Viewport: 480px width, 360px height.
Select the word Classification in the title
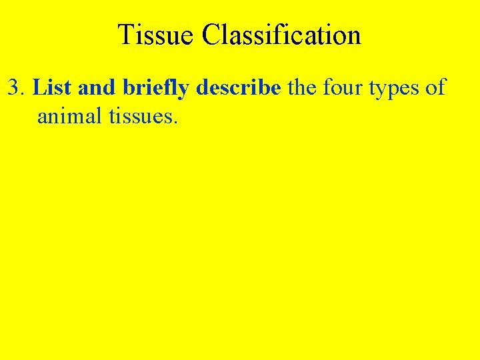pos(282,35)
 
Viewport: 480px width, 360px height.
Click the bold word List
pos(53,87)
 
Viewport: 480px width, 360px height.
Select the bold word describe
pos(238,87)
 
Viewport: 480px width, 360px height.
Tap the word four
pos(341,87)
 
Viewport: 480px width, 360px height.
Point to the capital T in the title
pos(125,35)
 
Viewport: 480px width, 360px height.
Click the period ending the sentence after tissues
pos(176,123)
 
